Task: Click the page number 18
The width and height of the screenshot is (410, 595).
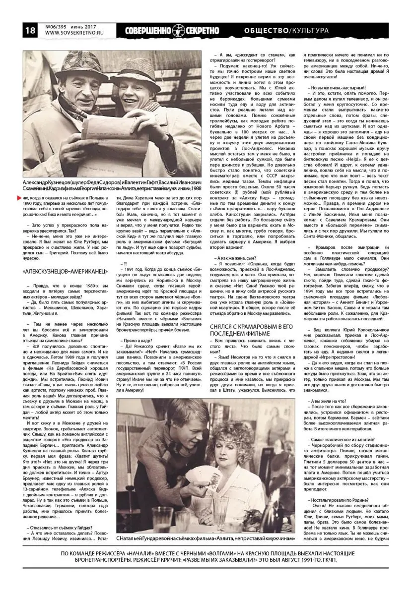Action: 15,31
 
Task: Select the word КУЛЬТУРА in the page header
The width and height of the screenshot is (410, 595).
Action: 310,31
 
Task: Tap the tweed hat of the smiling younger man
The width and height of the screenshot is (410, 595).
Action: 131,73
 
